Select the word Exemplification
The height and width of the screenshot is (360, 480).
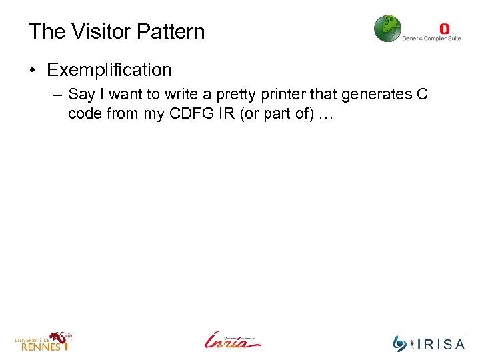coord(109,69)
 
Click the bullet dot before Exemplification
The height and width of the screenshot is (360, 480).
coord(35,70)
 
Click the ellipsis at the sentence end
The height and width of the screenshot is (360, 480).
coord(325,115)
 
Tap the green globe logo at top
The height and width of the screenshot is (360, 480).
coord(388,29)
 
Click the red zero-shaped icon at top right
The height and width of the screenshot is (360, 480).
coord(444,29)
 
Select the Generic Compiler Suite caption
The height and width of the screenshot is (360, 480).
coord(431,39)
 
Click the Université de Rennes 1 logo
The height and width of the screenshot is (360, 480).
coord(43,341)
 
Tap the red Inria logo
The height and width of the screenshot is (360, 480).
coord(233,340)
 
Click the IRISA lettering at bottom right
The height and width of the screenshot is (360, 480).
coord(441,344)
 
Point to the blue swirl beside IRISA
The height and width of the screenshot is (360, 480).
coord(400,343)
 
